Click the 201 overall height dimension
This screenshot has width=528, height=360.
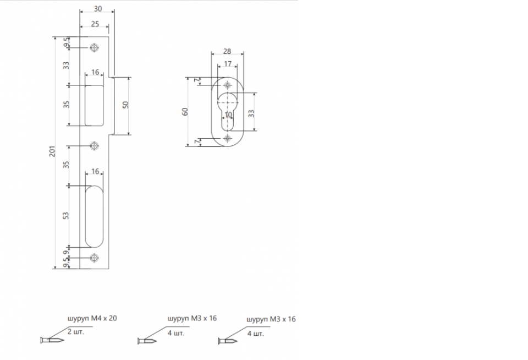pyautogui.click(x=52, y=151)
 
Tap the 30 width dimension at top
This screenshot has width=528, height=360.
pyautogui.click(x=98, y=9)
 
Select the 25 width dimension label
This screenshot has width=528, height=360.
pyautogui.click(x=95, y=24)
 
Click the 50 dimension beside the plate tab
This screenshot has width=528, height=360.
pyautogui.click(x=125, y=105)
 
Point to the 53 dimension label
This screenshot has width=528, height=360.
pyautogui.click(x=66, y=216)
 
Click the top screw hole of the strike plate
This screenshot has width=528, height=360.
pyautogui.click(x=95, y=48)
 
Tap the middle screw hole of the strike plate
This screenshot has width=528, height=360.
pyautogui.click(x=94, y=146)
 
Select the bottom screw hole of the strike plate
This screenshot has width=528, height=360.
pyautogui.click(x=94, y=258)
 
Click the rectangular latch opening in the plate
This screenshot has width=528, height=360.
pyautogui.click(x=94, y=106)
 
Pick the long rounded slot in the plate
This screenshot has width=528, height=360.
pyautogui.click(x=94, y=216)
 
